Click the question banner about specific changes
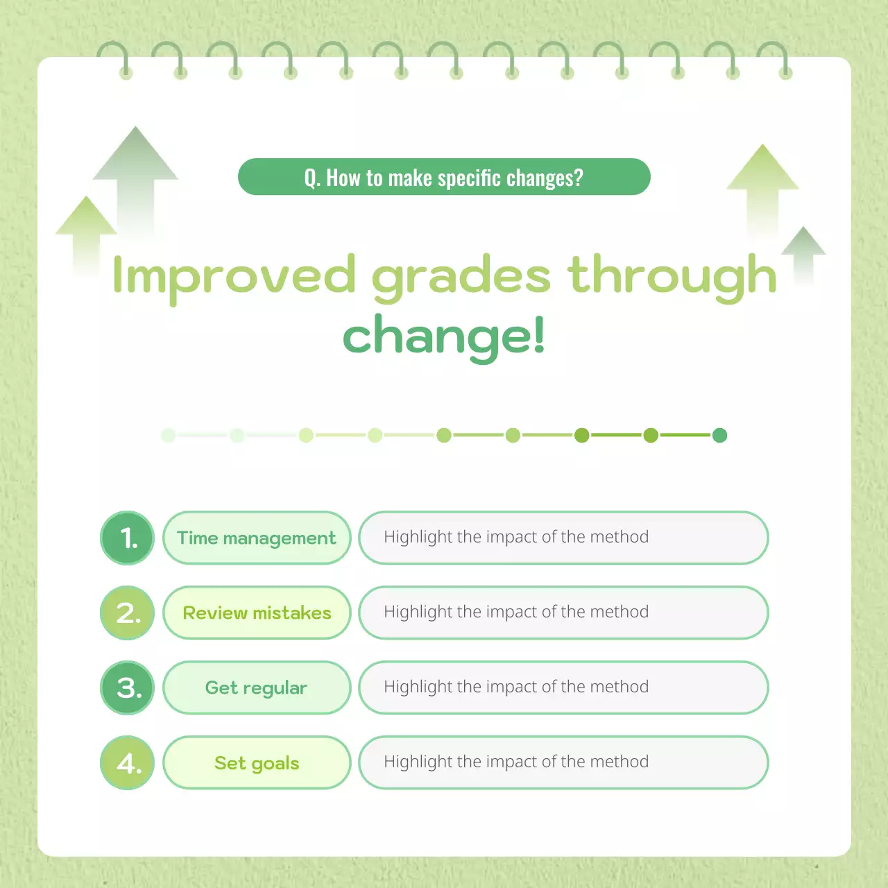tap(444, 177)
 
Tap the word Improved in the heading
tap(234, 275)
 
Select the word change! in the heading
tap(444, 336)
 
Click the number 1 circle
tap(128, 538)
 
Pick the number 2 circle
tap(128, 613)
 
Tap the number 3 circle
tap(128, 688)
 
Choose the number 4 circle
tap(128, 762)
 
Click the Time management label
tap(257, 538)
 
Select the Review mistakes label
tap(257, 613)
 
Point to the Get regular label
tap(257, 688)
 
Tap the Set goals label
tap(257, 762)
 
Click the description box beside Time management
tap(563, 538)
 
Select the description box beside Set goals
tap(563, 762)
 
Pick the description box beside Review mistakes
tap(563, 613)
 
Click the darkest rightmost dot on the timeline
tap(719, 435)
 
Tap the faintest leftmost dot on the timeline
tap(168, 435)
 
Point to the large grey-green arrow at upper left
tap(136, 173)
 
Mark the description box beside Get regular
tap(563, 688)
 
